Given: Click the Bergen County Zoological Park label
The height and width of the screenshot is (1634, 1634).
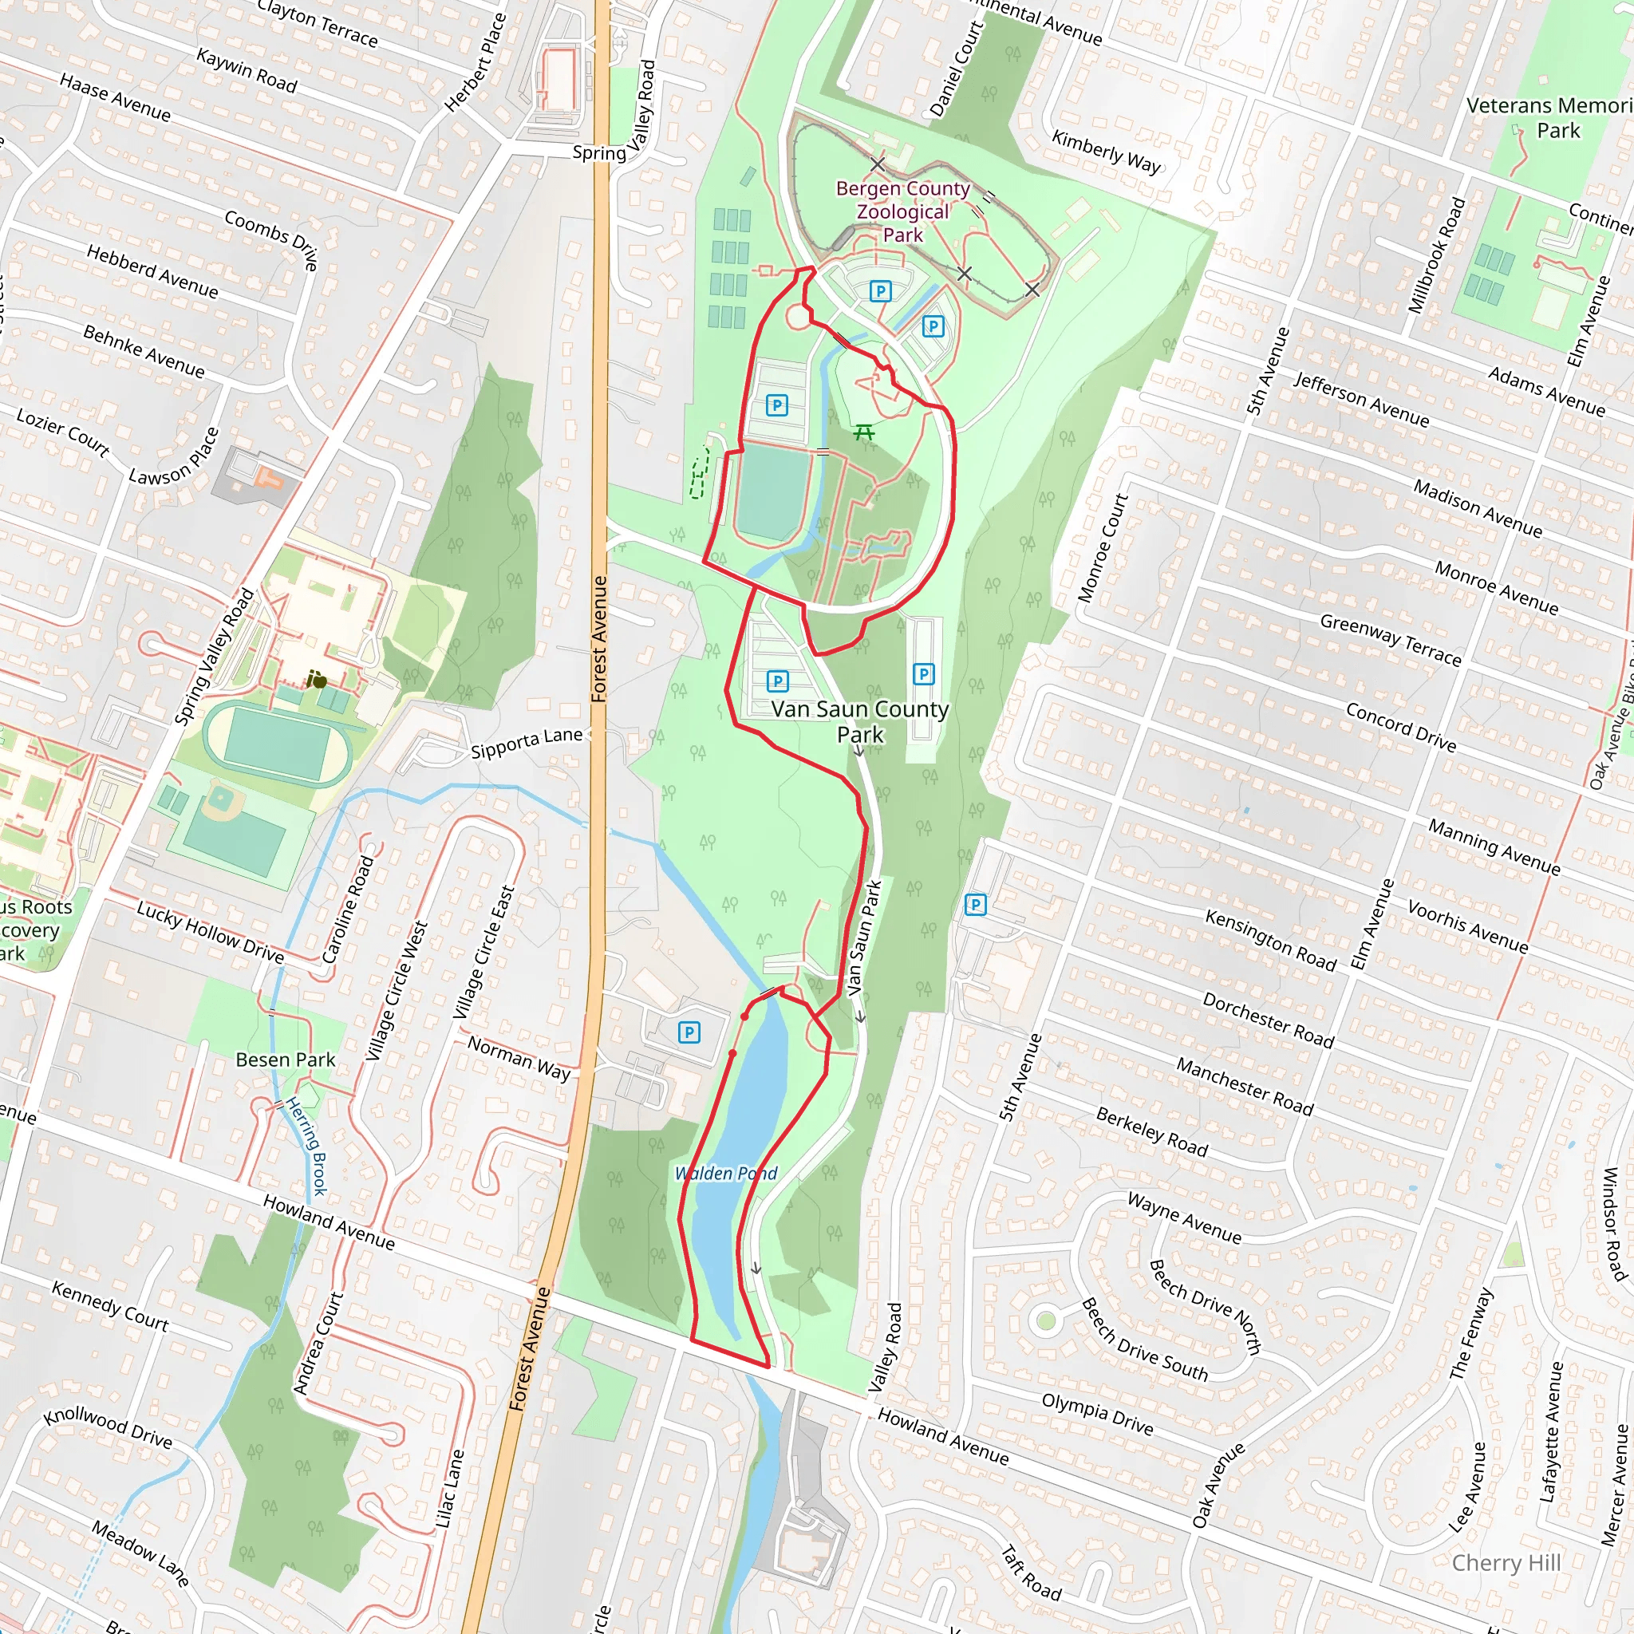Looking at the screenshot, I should click(x=902, y=211).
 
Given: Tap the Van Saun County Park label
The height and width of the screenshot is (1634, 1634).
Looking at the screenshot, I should click(x=859, y=721).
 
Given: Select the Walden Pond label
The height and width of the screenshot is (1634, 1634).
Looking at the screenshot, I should click(x=726, y=1173).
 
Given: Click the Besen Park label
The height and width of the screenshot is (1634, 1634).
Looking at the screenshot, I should click(x=285, y=1060).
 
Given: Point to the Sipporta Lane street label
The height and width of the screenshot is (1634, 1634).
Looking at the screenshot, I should click(x=526, y=744).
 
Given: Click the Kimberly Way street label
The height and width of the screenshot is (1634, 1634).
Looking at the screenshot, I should click(x=1107, y=152).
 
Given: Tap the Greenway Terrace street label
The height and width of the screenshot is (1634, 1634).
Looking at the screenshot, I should click(x=1391, y=639).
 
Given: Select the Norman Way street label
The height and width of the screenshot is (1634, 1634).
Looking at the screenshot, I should click(x=519, y=1058).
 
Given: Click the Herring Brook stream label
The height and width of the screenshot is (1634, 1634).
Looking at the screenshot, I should click(x=307, y=1146).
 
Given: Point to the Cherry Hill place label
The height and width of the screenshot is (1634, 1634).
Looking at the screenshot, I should click(x=1506, y=1563).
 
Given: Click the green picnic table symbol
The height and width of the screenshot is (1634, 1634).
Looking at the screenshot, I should click(x=863, y=432).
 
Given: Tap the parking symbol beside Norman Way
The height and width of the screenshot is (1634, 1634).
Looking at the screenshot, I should click(x=689, y=1032).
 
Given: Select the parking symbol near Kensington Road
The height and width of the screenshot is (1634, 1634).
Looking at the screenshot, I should click(x=975, y=905).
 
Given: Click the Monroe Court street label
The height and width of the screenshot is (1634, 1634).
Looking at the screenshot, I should click(x=1103, y=548).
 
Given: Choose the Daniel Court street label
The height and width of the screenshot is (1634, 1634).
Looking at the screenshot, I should click(x=957, y=69).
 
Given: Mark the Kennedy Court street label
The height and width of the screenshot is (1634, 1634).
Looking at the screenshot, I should click(x=110, y=1306).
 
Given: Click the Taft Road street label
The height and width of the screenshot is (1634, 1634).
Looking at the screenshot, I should click(x=1031, y=1573).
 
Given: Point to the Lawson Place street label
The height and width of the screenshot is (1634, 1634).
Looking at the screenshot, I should click(x=174, y=456).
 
